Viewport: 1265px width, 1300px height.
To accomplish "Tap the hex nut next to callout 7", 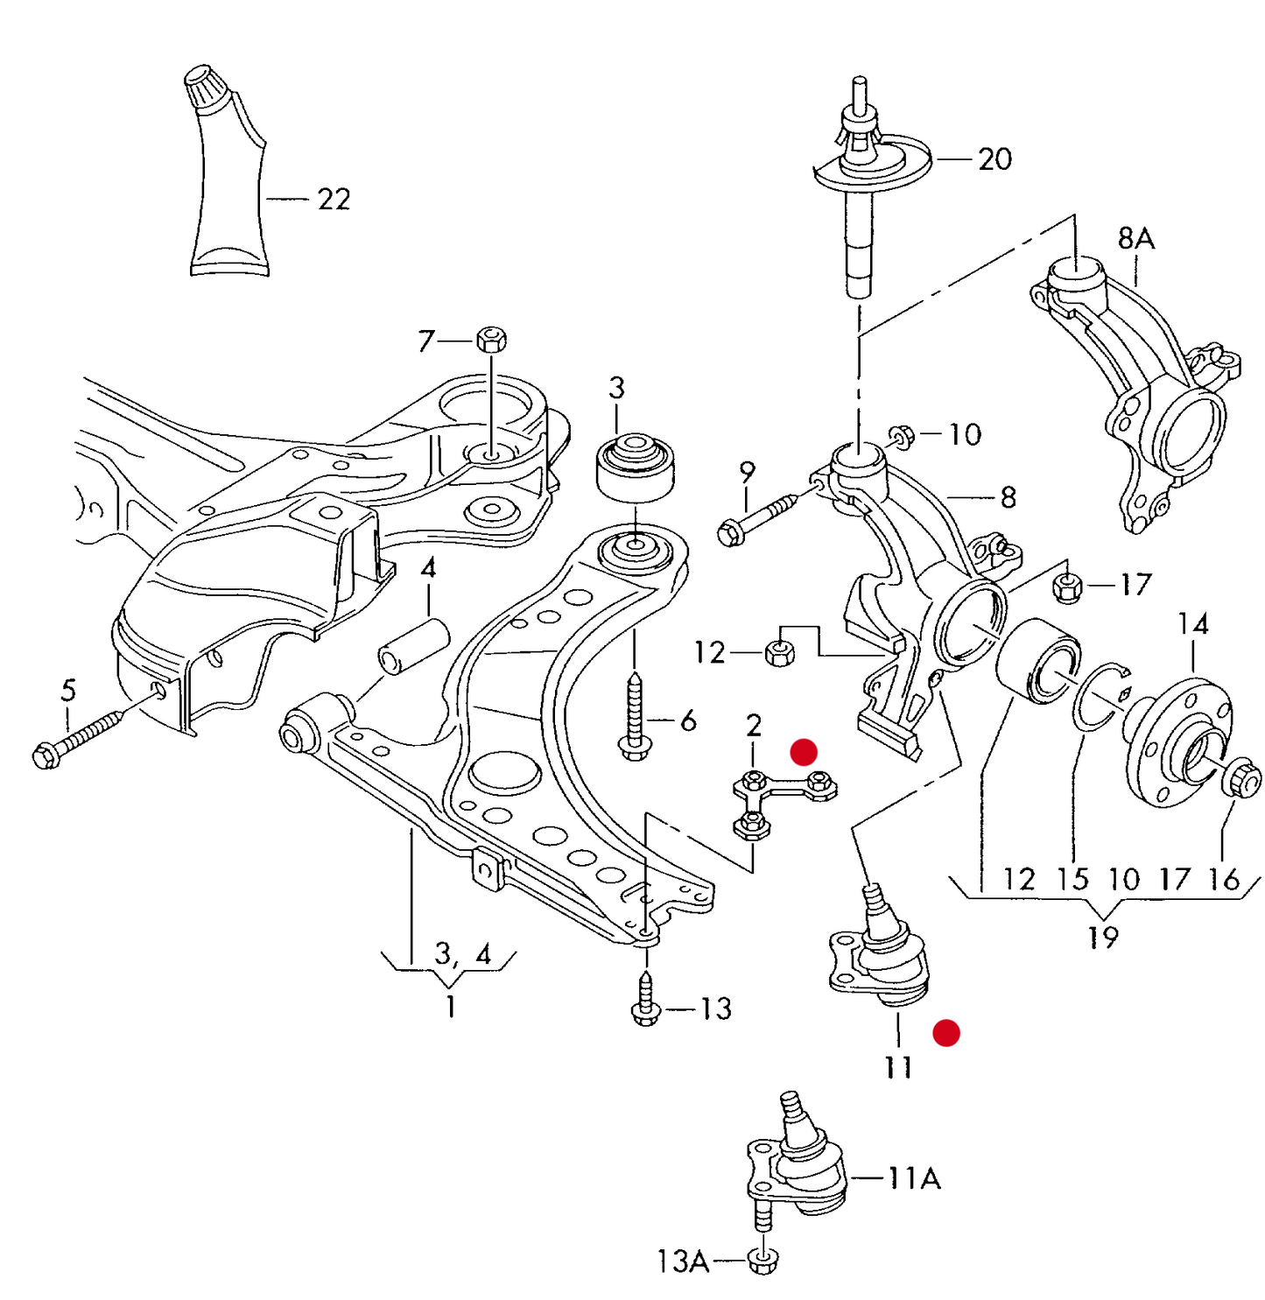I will point(492,338).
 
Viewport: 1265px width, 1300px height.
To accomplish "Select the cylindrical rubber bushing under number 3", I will point(635,467).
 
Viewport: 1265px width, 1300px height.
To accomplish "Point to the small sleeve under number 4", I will point(413,646).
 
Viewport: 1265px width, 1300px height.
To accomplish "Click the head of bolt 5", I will point(46,755).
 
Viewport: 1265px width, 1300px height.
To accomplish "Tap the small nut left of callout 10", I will point(902,435).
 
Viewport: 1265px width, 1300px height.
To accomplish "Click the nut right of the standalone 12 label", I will point(779,652).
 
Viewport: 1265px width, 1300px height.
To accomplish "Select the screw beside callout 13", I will point(645,998).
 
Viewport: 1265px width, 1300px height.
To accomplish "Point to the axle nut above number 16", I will point(1241,777).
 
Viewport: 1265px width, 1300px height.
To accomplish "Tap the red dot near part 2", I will point(803,752).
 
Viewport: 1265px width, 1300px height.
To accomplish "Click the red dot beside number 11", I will point(946,1033).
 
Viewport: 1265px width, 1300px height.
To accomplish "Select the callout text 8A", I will point(1135,237).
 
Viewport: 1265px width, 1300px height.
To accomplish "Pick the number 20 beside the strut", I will point(994,159).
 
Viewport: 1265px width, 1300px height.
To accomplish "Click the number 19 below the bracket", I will point(1102,938).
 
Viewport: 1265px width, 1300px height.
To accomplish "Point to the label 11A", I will point(914,1178).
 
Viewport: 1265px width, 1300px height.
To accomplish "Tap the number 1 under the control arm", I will point(450,1007).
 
